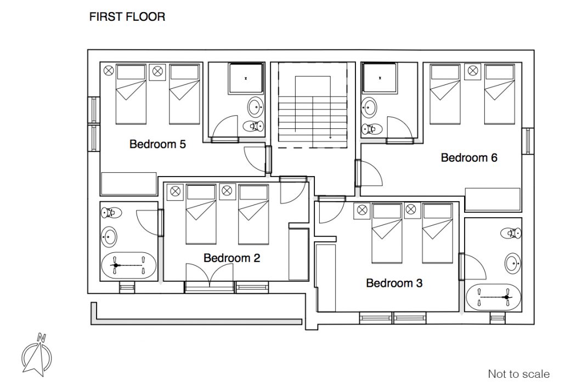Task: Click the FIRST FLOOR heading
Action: [x=127, y=16]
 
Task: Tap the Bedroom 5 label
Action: [x=157, y=144]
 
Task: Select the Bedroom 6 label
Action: [x=469, y=157]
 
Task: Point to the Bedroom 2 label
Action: [x=231, y=258]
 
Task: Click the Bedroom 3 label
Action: [x=394, y=283]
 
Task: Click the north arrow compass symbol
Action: [x=36, y=355]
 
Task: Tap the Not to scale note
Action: [x=519, y=374]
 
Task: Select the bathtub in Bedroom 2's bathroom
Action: [x=129, y=266]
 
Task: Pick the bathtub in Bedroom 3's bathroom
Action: [x=493, y=297]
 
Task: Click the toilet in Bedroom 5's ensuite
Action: [x=253, y=126]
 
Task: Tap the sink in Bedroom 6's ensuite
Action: [x=369, y=107]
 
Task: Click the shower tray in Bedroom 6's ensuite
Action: [x=380, y=78]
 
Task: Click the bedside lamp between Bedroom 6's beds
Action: [x=473, y=71]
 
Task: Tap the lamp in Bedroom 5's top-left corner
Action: [x=109, y=71]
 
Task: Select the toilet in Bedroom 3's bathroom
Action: [x=511, y=234]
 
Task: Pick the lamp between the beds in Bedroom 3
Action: [x=411, y=209]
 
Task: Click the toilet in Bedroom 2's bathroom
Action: [x=111, y=213]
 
